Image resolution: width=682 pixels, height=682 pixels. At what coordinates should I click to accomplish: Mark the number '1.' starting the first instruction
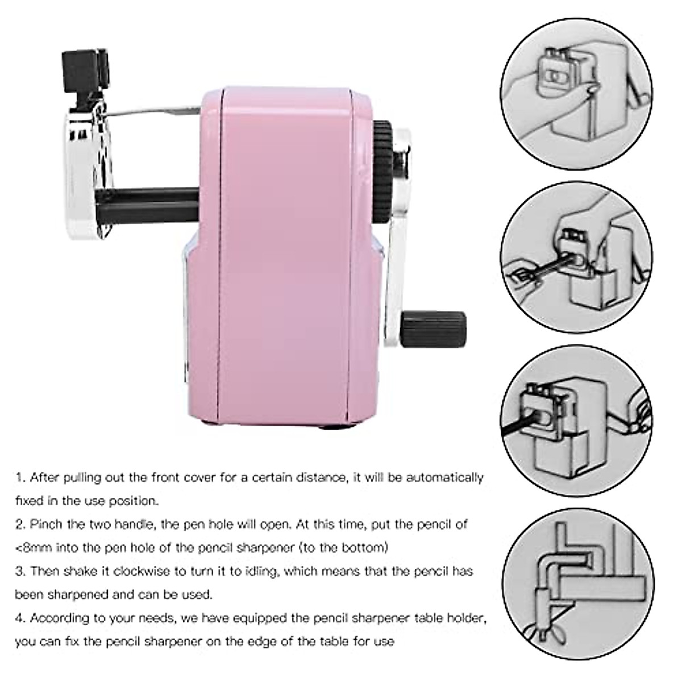tap(20, 477)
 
